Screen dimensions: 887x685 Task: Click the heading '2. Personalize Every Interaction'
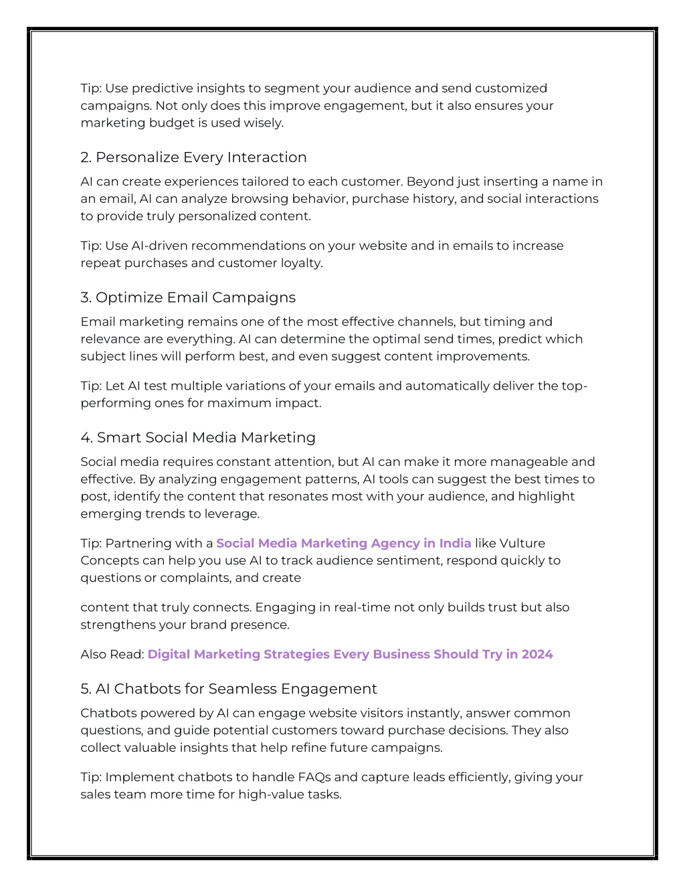coord(193,157)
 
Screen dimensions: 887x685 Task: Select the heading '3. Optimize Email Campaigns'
coord(188,297)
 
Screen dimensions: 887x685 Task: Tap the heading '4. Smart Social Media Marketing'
coord(198,438)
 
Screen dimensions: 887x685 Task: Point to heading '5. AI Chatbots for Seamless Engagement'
coord(229,689)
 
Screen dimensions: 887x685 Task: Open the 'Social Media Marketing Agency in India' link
coord(343,544)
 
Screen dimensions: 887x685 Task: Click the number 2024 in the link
coord(537,655)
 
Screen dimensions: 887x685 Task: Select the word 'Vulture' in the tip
coord(522,544)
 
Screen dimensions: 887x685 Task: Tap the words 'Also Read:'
coord(112,655)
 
